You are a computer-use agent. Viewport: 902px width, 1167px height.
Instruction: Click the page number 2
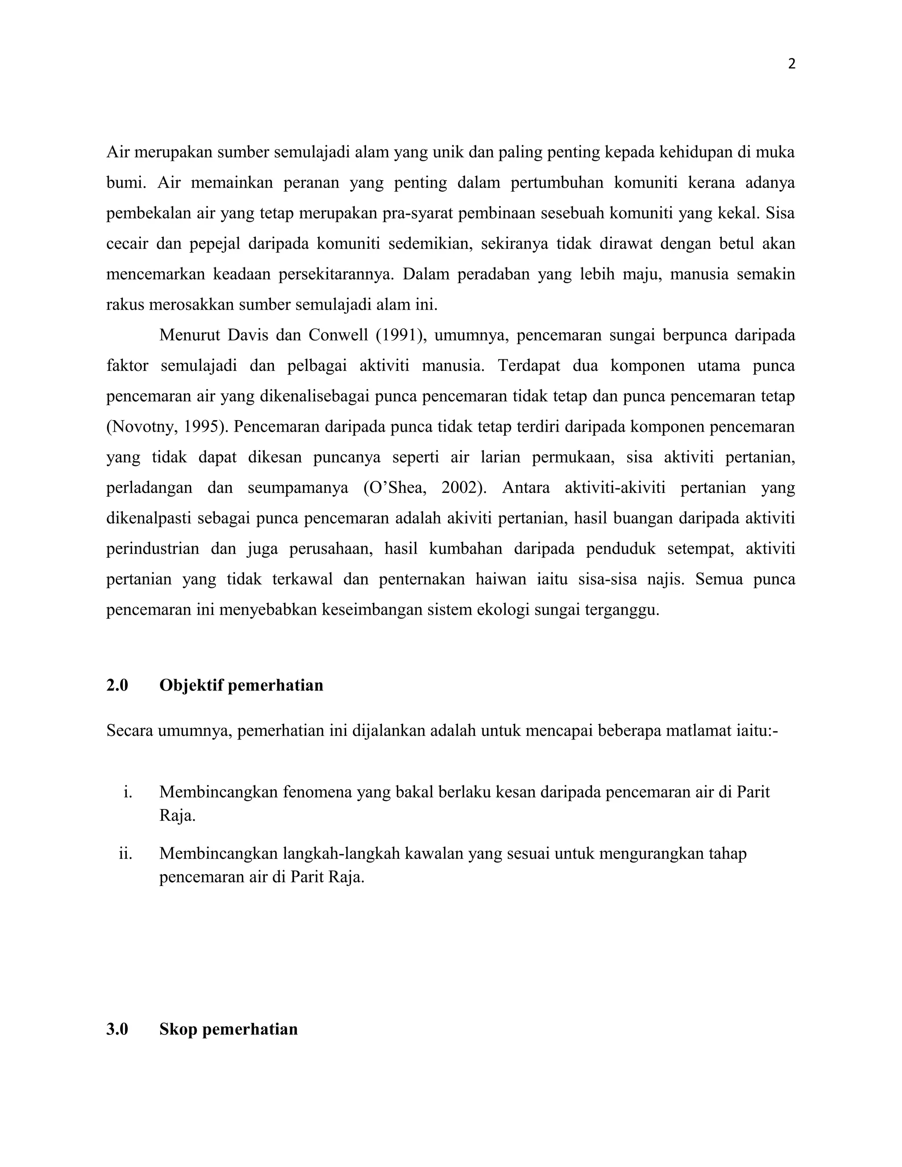tap(791, 64)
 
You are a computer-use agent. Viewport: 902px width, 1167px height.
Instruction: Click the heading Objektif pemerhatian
tap(241, 685)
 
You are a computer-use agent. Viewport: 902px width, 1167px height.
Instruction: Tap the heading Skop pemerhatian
tap(228, 1029)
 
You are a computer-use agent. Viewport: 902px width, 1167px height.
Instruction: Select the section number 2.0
tap(117, 685)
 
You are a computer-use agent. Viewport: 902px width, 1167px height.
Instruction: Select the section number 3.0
tap(117, 1029)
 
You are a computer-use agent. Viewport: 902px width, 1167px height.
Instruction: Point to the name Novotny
tap(141, 426)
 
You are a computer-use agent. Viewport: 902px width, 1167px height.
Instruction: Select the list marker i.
tap(127, 791)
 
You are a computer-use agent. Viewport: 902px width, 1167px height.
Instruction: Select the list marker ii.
tap(125, 853)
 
